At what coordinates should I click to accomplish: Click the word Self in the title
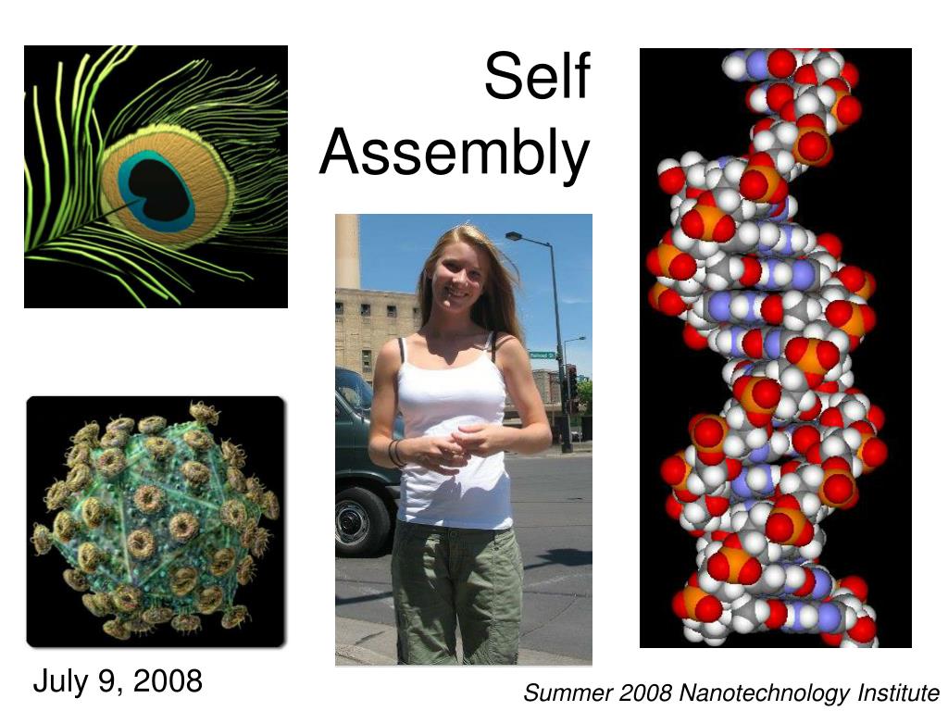(x=537, y=78)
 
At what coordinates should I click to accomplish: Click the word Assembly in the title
(x=455, y=153)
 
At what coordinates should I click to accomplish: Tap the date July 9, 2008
(x=118, y=681)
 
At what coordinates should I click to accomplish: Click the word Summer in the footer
(x=561, y=692)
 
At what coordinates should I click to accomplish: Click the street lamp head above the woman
(x=515, y=238)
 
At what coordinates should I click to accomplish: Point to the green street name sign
(x=542, y=355)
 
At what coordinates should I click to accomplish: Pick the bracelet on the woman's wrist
(x=396, y=453)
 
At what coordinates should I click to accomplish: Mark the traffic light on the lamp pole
(x=572, y=380)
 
